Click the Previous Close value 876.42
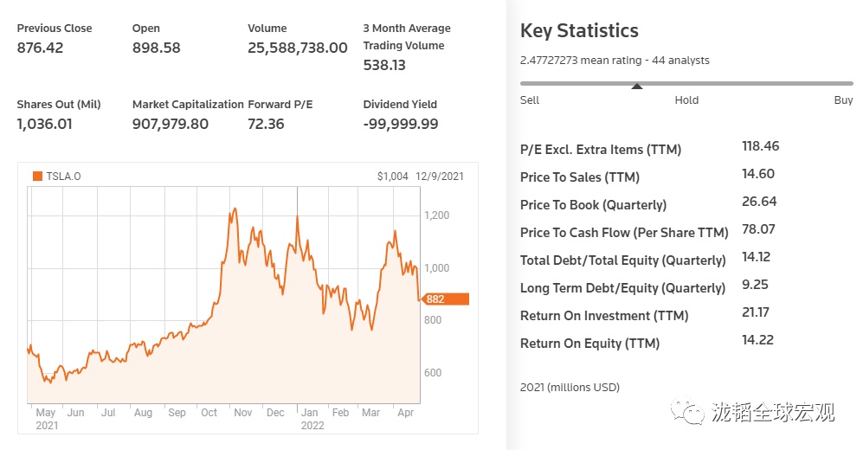(40, 48)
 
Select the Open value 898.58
(156, 48)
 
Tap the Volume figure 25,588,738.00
(297, 48)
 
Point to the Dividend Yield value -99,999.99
(401, 124)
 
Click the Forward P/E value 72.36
(266, 124)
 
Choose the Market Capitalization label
(188, 104)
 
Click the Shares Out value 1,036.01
(44, 124)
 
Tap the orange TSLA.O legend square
(37, 177)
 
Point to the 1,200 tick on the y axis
(436, 215)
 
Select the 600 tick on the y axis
(432, 373)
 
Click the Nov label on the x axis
(242, 413)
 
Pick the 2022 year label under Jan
(312, 425)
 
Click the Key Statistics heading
(579, 31)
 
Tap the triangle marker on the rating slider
(637, 87)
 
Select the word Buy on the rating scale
(843, 100)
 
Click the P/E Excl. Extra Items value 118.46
(760, 146)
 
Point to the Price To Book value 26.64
(759, 202)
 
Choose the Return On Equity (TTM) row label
(589, 344)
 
